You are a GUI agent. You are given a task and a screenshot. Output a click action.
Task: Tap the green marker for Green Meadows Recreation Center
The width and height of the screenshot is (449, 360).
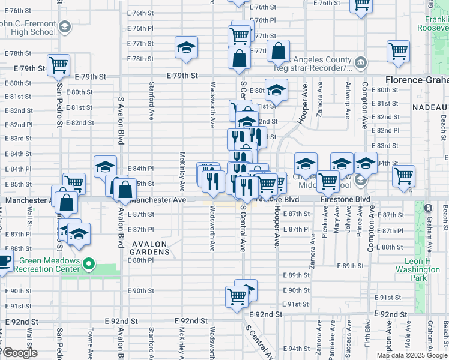(x=89, y=263)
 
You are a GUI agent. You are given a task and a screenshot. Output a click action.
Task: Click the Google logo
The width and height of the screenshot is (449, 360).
(x=19, y=353)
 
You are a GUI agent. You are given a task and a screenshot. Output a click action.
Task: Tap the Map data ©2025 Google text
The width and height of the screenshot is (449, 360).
(x=411, y=355)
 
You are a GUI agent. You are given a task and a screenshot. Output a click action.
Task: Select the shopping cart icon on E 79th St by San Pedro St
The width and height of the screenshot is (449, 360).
(x=58, y=65)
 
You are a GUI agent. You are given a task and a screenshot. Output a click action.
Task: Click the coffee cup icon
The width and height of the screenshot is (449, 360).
(x=4, y=262)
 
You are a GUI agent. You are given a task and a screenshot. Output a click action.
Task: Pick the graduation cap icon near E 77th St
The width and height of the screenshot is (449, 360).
(x=186, y=47)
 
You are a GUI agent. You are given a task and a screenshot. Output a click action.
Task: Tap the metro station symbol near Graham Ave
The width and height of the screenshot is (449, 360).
(x=427, y=208)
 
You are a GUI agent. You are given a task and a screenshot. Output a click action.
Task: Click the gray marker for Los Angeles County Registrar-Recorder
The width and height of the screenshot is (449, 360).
(x=361, y=62)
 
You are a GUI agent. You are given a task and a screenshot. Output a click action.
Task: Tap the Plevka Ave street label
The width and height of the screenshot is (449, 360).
(x=325, y=224)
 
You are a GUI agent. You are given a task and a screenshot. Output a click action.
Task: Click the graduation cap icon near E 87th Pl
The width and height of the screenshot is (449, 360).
(x=79, y=234)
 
